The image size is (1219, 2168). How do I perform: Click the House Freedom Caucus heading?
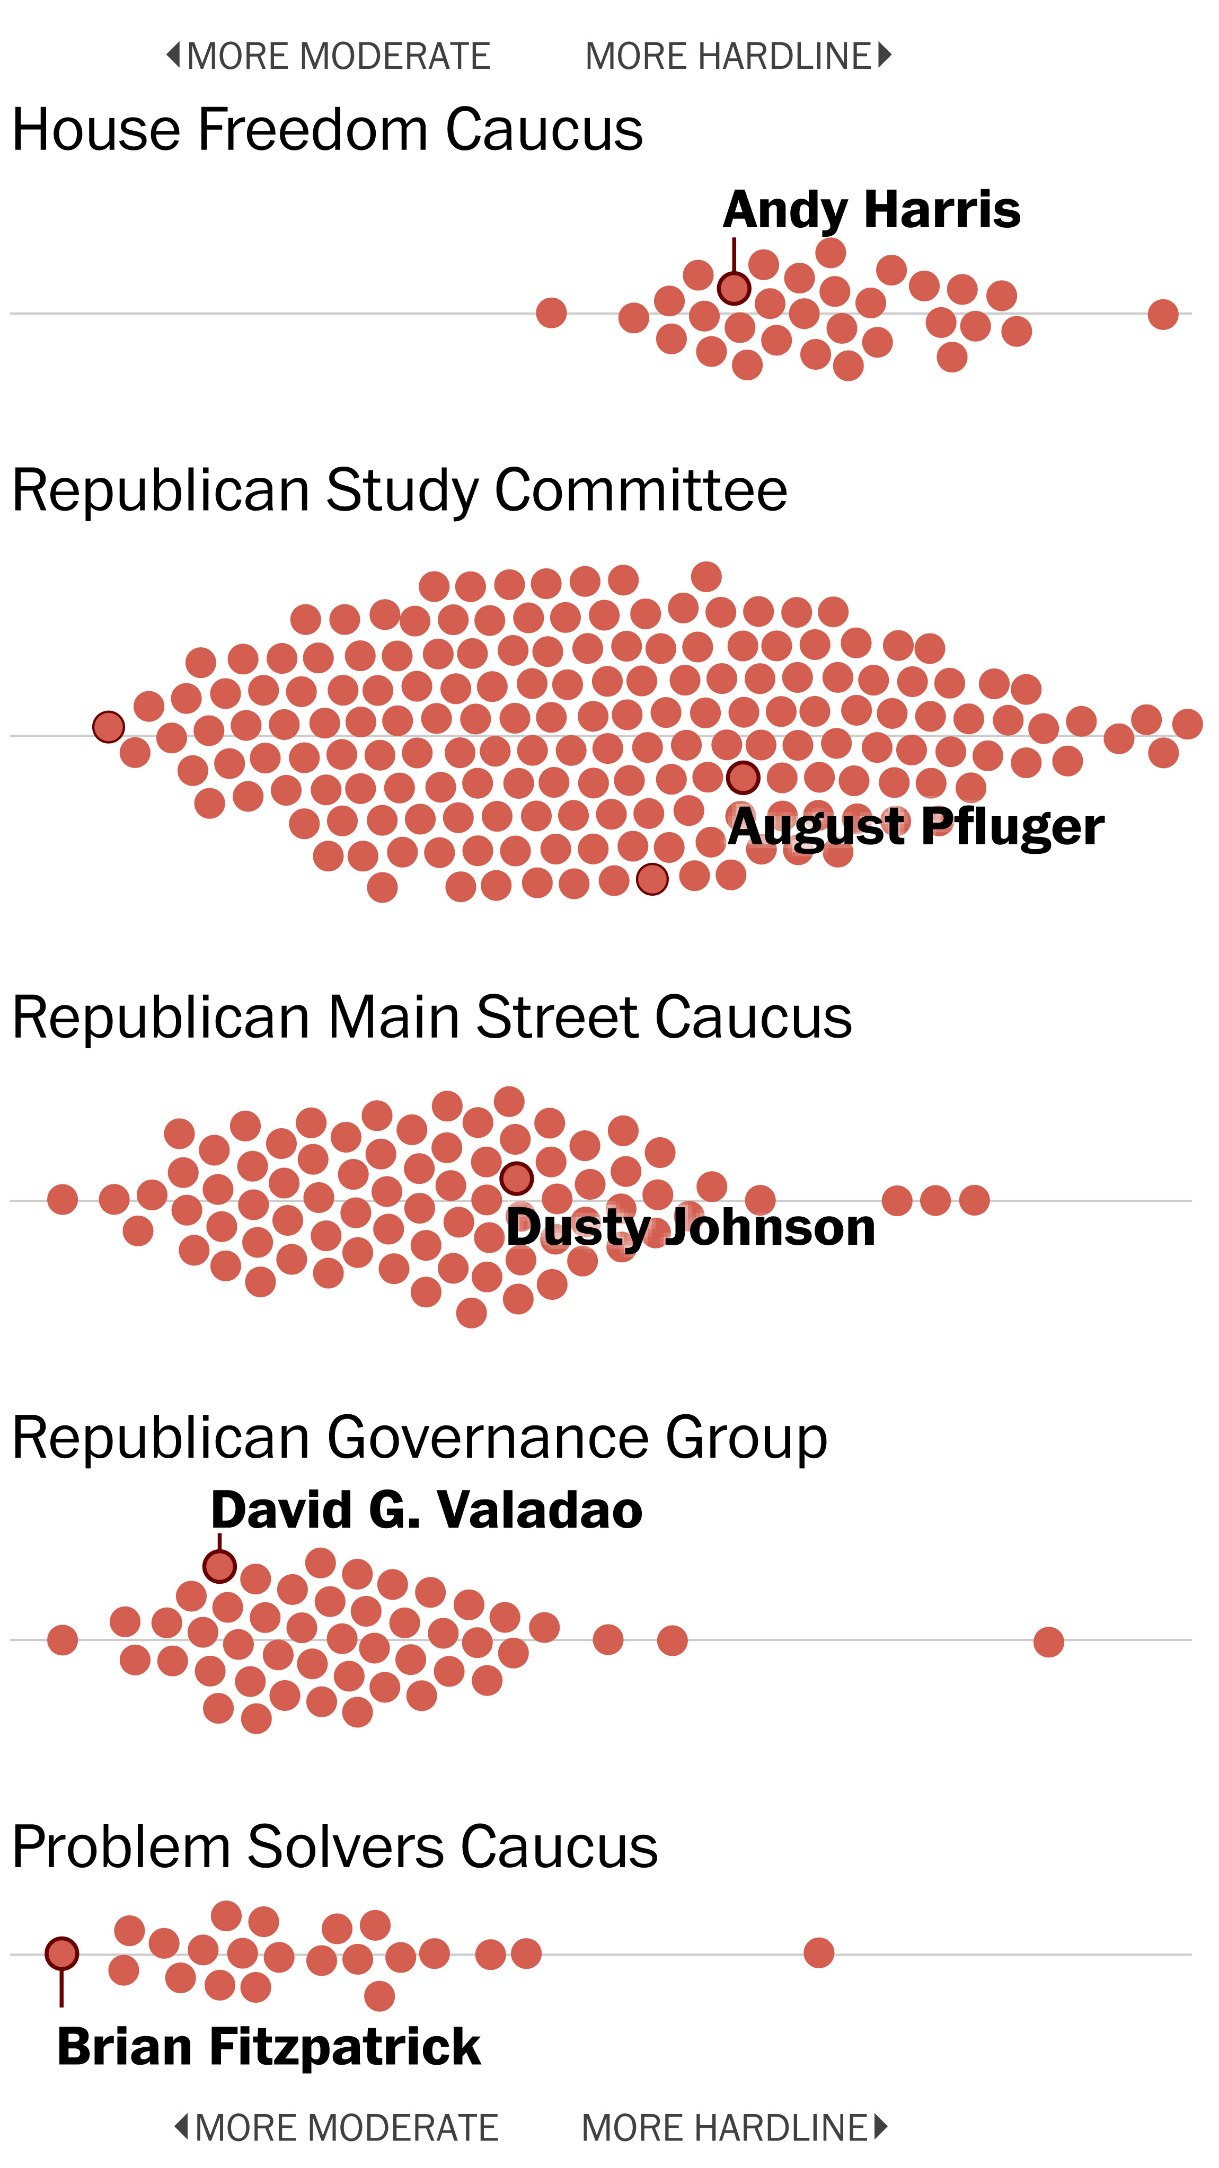(328, 130)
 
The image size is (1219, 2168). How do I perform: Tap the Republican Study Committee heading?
(400, 490)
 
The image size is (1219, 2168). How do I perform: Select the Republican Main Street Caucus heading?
(432, 1018)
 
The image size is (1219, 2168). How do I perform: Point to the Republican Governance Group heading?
(419, 1438)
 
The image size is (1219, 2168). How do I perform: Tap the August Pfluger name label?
(916, 826)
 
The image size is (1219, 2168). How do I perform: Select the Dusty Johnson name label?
(690, 1227)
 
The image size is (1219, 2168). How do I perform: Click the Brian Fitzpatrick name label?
(269, 2046)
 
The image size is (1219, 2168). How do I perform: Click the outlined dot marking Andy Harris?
(734, 288)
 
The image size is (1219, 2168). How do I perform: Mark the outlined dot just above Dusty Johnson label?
(516, 1178)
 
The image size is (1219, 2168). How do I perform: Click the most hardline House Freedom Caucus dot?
(1163, 314)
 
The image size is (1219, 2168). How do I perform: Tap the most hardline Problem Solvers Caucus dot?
(818, 1952)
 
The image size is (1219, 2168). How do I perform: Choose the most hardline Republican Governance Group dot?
(1048, 1641)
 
